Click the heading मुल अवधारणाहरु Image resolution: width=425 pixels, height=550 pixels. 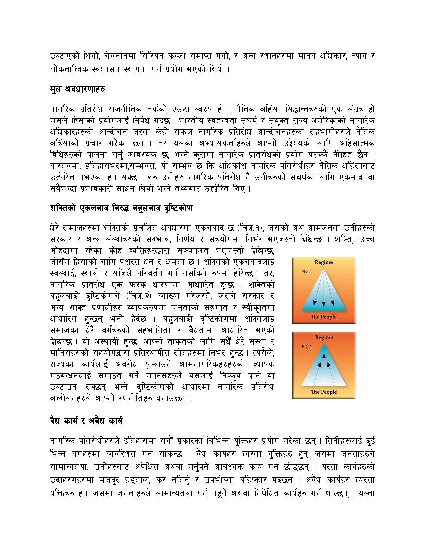click(x=77, y=89)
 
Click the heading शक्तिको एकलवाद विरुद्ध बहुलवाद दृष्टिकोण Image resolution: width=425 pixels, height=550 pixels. click(x=121, y=208)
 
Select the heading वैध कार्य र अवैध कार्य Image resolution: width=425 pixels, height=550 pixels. click(x=86, y=421)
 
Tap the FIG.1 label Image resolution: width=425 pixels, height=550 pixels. click(x=307, y=271)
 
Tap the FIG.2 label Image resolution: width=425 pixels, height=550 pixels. click(x=307, y=346)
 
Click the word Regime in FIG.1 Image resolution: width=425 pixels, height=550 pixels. click(x=324, y=262)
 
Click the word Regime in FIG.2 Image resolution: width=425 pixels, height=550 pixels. click(x=324, y=337)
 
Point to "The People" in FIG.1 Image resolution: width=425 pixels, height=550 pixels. click(x=324, y=317)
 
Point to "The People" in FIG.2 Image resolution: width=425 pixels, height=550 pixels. click(x=324, y=392)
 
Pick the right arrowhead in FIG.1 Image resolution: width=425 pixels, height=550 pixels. click(x=332, y=303)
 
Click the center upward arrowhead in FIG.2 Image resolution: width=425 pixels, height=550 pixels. click(x=324, y=355)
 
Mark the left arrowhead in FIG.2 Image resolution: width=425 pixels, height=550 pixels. click(x=319, y=364)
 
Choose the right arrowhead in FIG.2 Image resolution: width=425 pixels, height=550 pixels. click(x=329, y=364)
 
